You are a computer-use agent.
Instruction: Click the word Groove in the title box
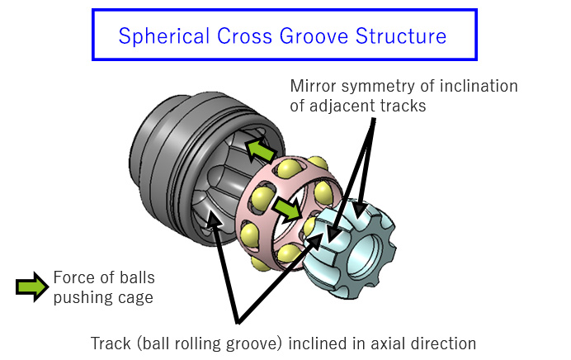[x=304, y=36]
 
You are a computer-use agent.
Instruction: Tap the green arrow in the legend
[x=31, y=287]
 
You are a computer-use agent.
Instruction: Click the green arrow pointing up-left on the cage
[x=262, y=151]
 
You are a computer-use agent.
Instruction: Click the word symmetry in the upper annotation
[x=383, y=86]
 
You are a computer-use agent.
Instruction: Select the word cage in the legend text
[x=135, y=297]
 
